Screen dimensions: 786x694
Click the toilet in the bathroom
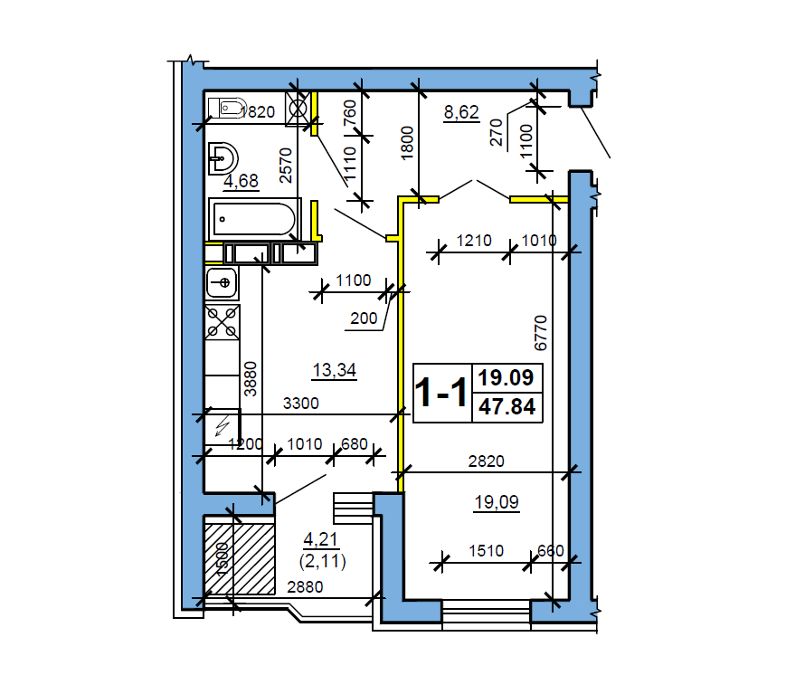(227, 108)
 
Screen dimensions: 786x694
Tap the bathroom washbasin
(223, 158)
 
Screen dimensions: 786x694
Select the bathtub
(254, 219)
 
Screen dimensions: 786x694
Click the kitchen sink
(222, 283)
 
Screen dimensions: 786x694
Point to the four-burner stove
(223, 322)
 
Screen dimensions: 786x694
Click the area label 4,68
(241, 181)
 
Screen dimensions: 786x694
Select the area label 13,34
(335, 370)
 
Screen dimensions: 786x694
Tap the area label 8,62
(461, 112)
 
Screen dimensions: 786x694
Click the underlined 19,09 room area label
(497, 502)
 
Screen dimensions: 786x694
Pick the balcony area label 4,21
(321, 539)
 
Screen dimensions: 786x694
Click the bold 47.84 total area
(507, 406)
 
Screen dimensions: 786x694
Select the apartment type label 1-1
(441, 392)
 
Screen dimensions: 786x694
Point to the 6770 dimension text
(540, 333)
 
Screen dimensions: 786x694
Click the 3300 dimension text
(301, 404)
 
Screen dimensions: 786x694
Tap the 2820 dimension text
(487, 461)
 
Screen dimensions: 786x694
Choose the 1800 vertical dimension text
(407, 143)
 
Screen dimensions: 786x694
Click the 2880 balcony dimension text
(305, 586)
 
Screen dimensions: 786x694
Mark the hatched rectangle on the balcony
(240, 559)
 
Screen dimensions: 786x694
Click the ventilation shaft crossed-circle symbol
(298, 108)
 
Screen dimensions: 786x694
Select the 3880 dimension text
(251, 379)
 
